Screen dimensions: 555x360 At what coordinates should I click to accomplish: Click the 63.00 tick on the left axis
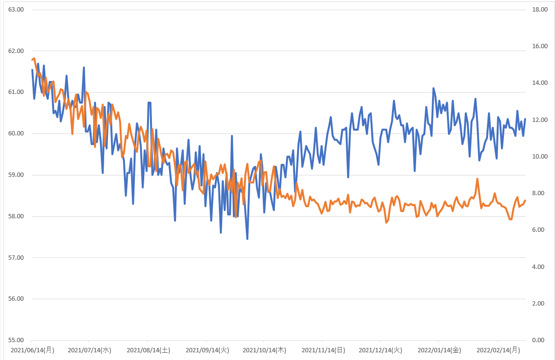(x=16, y=10)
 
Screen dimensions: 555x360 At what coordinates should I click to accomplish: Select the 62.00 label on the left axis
(x=16, y=51)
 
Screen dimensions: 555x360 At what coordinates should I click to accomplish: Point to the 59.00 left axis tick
(x=16, y=175)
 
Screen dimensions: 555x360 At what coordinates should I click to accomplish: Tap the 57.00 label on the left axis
(x=16, y=258)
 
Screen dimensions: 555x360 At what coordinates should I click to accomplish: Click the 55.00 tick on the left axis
(x=16, y=340)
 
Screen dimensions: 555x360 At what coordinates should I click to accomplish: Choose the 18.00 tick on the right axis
(x=540, y=10)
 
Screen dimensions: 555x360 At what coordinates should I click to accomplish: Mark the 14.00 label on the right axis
(x=540, y=83)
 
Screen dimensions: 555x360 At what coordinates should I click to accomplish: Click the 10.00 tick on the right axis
(x=540, y=156)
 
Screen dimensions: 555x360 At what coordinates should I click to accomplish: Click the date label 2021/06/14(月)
(x=33, y=350)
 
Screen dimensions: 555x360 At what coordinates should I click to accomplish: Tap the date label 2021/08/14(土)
(x=149, y=350)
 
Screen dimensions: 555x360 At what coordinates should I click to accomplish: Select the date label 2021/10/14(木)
(x=264, y=350)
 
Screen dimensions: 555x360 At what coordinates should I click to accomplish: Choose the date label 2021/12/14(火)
(x=380, y=350)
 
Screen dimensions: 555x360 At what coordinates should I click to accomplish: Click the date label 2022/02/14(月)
(x=499, y=350)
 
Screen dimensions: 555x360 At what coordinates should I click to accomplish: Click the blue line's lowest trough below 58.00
(x=247, y=239)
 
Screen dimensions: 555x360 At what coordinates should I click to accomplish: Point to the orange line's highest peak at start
(x=34, y=58)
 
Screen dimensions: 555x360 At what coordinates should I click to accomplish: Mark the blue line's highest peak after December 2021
(x=433, y=88)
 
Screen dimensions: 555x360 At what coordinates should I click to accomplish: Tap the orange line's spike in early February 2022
(x=477, y=179)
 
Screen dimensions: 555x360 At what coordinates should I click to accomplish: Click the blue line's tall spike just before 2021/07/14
(x=84, y=67)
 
